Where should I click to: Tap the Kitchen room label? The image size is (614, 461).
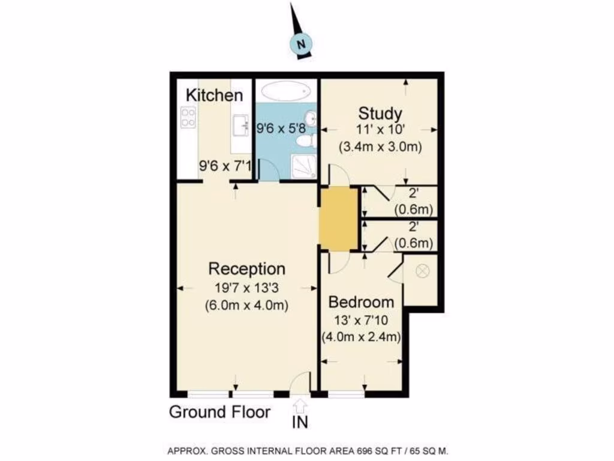tap(214, 95)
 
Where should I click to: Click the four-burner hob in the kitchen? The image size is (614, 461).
tap(188, 117)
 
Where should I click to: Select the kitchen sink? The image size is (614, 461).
tap(241, 125)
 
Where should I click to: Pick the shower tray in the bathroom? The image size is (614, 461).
tap(302, 166)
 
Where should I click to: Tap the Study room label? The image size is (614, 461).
tap(380, 113)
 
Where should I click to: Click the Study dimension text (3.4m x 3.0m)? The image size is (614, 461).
tap(380, 146)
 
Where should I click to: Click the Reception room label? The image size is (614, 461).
tap(246, 268)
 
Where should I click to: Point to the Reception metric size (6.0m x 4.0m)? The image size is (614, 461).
tap(246, 305)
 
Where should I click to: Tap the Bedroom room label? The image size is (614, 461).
tap(362, 302)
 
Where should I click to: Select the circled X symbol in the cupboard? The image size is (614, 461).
tap(423, 271)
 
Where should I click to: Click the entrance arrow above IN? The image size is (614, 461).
tap(300, 405)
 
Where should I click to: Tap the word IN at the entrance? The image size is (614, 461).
tap(300, 423)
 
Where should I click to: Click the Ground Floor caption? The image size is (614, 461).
tap(219, 412)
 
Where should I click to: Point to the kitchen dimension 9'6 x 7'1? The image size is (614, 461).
tap(225, 166)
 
